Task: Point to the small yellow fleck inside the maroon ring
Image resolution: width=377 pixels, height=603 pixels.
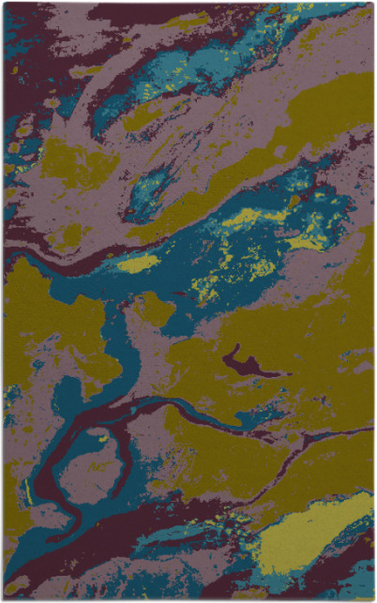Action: click(x=101, y=437)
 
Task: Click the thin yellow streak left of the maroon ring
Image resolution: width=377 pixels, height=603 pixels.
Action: click(x=31, y=489)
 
